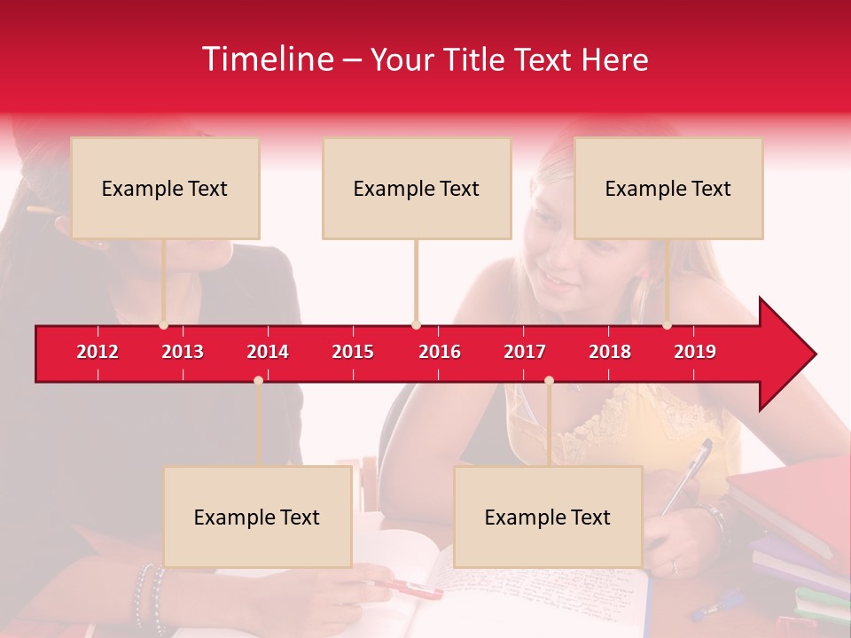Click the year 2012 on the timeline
point(98,352)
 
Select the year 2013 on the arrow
point(183,352)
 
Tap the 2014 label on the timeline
point(268,352)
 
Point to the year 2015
point(353,352)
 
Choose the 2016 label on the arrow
point(440,352)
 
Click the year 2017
point(525,352)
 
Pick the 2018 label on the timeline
point(610,352)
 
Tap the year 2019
point(695,352)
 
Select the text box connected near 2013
point(165,188)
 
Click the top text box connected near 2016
point(417,188)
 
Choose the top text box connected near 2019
point(668,188)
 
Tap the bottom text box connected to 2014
point(257,517)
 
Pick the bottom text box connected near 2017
point(548,517)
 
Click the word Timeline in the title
point(266,59)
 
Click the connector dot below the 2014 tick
point(258,380)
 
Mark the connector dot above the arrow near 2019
point(667,324)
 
